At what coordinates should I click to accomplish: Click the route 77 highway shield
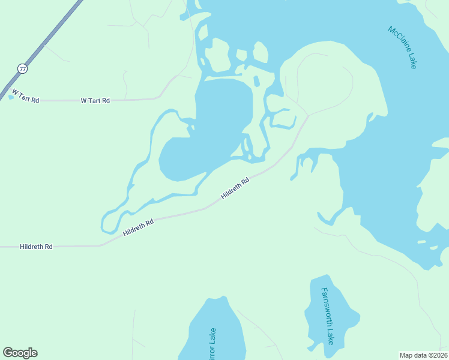[x=22, y=68]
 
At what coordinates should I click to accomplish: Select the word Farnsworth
[x=326, y=307]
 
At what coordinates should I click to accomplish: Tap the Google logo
[x=20, y=353]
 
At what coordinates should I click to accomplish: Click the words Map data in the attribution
[x=414, y=355]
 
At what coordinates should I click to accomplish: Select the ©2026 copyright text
[x=438, y=355]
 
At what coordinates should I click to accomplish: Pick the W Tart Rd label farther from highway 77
[x=95, y=101]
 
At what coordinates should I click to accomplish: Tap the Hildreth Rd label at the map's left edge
[x=36, y=247]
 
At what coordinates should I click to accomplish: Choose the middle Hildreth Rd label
[x=138, y=227]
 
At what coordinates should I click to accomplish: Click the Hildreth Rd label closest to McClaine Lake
[x=235, y=188]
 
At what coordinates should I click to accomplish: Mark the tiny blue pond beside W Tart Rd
[x=11, y=97]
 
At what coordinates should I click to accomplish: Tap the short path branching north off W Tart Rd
[x=125, y=84]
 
